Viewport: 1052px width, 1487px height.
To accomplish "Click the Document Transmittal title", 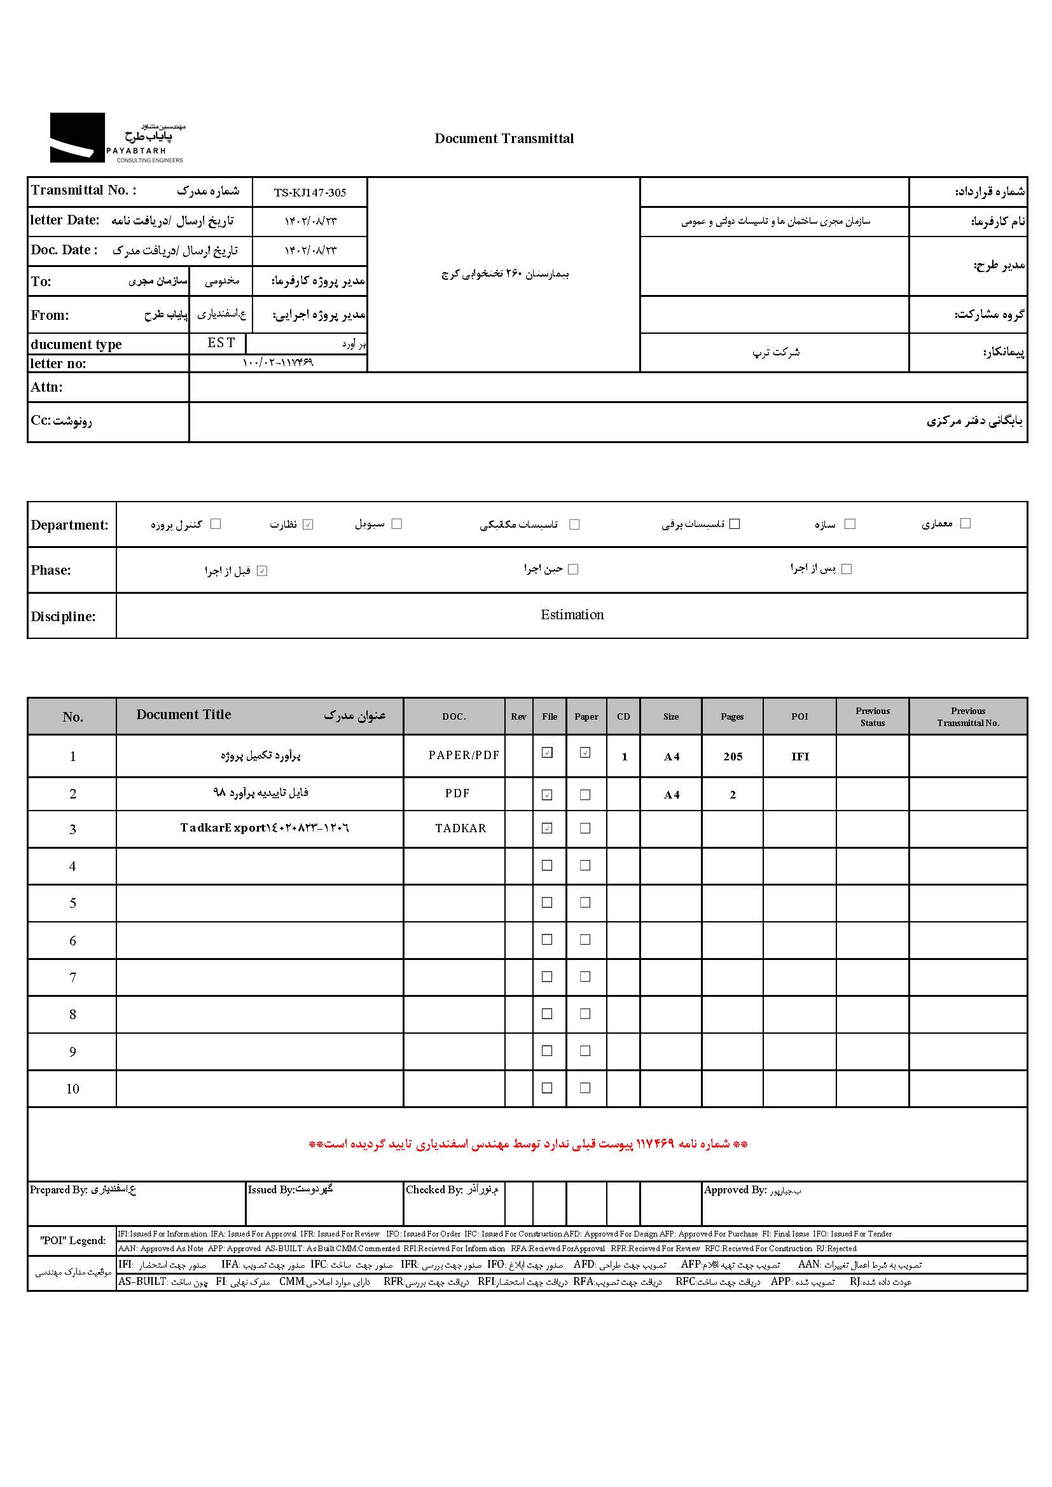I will [504, 139].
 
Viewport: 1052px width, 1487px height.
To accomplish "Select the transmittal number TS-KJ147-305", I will [310, 193].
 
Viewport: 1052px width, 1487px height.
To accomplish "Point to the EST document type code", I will [221, 343].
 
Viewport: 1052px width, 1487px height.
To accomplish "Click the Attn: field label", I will [46, 387].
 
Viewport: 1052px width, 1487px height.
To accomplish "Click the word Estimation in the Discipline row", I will [572, 615].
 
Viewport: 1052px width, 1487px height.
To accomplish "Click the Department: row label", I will [69, 524].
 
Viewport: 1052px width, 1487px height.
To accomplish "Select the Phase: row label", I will [50, 570].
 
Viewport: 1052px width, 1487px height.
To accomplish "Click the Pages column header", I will [732, 716].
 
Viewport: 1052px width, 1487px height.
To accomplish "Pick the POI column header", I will [799, 716].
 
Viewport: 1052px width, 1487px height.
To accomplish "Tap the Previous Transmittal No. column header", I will [968, 716].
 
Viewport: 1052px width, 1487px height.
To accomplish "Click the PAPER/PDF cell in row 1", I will [464, 755].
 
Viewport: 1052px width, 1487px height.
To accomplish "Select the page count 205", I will [733, 757].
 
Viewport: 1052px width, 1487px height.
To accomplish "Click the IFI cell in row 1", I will [800, 757].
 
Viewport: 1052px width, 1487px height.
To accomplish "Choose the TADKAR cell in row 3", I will [460, 828].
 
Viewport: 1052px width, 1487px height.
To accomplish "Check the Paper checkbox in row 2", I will [585, 795].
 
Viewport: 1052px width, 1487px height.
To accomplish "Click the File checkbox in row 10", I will [547, 1088].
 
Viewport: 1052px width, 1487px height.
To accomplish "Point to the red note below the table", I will [528, 1144].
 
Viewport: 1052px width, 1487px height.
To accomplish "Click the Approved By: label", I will [735, 1189].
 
